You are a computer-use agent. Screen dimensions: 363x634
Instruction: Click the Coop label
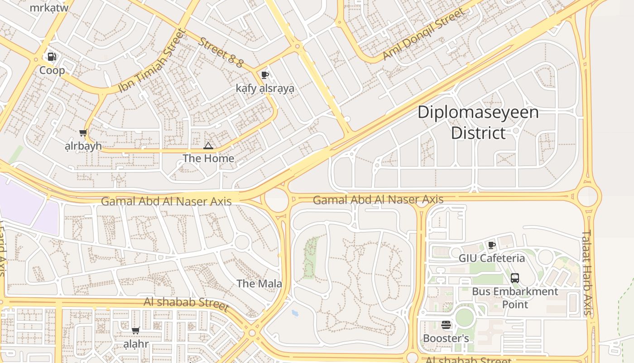tap(52, 70)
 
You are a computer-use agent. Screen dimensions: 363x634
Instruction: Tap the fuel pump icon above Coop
tap(52, 57)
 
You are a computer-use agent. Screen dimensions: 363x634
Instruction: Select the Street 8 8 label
tap(221, 52)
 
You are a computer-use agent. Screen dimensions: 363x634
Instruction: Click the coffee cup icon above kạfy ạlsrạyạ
tap(265, 75)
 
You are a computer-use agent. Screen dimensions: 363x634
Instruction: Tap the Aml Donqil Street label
tap(423, 34)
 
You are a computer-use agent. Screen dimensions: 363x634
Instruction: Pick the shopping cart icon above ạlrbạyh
tap(83, 133)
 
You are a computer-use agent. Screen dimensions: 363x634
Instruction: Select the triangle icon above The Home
tap(208, 146)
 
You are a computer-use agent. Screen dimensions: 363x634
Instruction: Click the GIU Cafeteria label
tap(492, 258)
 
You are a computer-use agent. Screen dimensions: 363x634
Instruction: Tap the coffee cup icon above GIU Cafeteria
tap(492, 245)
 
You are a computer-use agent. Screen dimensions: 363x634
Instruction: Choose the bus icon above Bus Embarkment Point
tap(515, 278)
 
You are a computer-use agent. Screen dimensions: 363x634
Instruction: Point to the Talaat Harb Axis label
tap(587, 272)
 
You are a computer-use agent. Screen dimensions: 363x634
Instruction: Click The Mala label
tap(259, 284)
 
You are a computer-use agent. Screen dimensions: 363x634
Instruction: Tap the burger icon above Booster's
tap(446, 325)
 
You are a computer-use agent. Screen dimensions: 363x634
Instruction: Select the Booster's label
tap(446, 338)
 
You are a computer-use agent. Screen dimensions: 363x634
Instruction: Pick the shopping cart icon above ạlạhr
tap(135, 331)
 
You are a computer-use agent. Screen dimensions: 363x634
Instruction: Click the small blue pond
tap(295, 313)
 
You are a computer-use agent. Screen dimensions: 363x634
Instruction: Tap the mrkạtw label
tap(49, 8)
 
